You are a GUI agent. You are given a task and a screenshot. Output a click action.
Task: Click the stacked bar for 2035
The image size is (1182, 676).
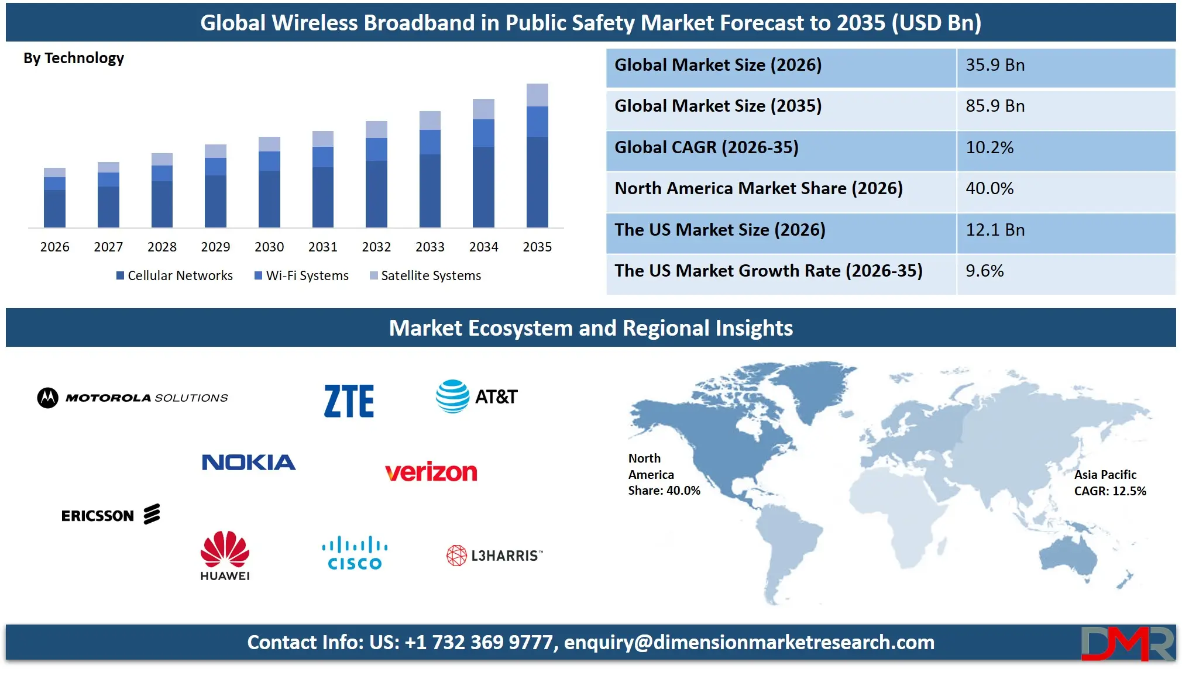pyautogui.click(x=537, y=156)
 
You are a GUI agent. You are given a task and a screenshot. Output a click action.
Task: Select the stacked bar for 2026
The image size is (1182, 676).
pyautogui.click(x=54, y=198)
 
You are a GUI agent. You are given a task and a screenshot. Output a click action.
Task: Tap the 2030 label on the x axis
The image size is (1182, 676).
pyautogui.click(x=269, y=247)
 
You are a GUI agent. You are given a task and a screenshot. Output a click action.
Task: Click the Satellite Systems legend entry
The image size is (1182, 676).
pyautogui.click(x=425, y=275)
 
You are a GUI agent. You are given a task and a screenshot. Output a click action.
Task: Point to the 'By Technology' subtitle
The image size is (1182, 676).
pyautogui.click(x=74, y=58)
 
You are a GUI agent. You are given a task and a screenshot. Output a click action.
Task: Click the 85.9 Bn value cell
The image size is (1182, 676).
pyautogui.click(x=995, y=106)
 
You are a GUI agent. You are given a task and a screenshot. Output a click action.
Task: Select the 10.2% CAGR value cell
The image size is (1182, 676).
pyautogui.click(x=989, y=147)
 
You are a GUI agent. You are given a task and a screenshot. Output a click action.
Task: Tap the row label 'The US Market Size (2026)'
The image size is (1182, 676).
pyautogui.click(x=720, y=230)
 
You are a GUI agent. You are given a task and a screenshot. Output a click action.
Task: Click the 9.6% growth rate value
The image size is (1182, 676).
pyautogui.click(x=984, y=271)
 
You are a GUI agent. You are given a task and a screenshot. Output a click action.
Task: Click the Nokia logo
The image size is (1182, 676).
pyautogui.click(x=249, y=463)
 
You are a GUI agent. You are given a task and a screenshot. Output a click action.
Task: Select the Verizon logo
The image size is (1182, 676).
pyautogui.click(x=431, y=471)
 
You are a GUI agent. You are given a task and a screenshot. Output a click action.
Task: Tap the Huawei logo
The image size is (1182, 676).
pyautogui.click(x=225, y=556)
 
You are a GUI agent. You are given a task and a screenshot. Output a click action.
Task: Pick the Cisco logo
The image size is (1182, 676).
pyautogui.click(x=355, y=553)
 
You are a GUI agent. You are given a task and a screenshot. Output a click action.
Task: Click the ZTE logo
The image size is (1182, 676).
pyautogui.click(x=349, y=401)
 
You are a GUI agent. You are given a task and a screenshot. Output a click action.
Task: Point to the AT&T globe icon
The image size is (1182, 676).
pyautogui.click(x=452, y=396)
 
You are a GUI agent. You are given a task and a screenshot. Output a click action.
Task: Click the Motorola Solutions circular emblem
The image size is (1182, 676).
pyautogui.click(x=48, y=398)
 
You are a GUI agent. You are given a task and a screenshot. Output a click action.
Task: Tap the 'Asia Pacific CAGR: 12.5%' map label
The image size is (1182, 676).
pyautogui.click(x=1109, y=483)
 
